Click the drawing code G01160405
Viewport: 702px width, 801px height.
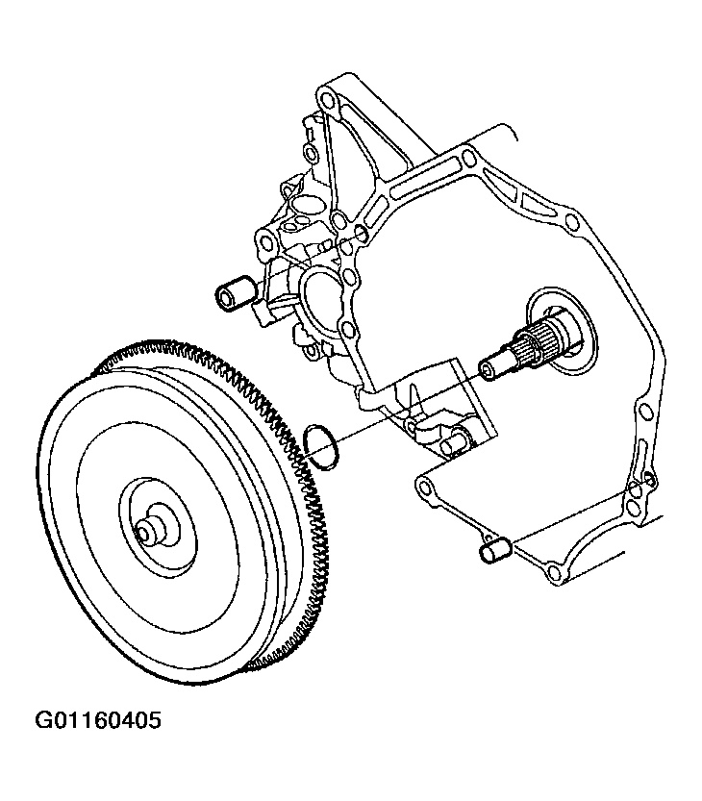tap(97, 720)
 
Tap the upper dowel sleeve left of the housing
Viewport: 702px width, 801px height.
tap(235, 293)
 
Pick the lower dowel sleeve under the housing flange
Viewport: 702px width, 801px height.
tap(494, 548)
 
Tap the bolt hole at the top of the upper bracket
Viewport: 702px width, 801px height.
tap(325, 97)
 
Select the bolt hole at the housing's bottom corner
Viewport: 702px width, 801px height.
tap(554, 570)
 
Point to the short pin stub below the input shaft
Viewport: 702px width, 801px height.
tap(451, 446)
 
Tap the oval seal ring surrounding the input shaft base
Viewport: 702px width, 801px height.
tap(562, 331)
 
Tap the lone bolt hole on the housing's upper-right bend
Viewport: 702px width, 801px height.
tap(573, 222)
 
